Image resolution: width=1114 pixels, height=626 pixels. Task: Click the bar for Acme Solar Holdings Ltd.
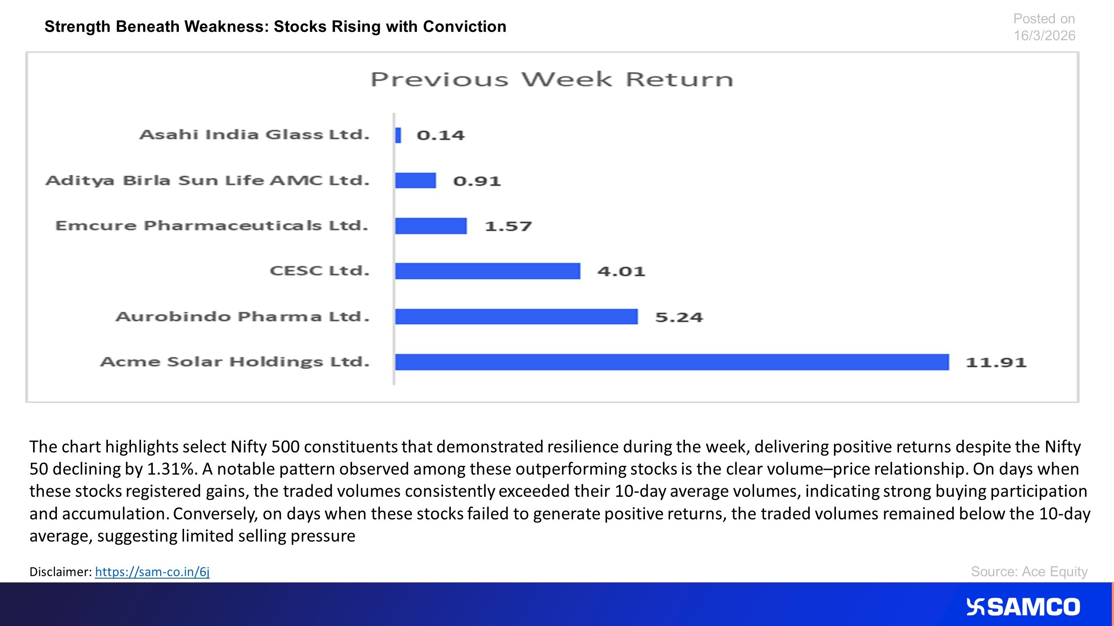tap(672, 362)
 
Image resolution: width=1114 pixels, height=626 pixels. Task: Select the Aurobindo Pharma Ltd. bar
tap(517, 316)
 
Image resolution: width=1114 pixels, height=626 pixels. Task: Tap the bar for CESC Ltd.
tap(487, 271)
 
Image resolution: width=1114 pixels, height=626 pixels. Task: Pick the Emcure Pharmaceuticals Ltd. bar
tap(431, 226)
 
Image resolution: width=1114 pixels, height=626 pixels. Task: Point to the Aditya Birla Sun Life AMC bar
tap(415, 180)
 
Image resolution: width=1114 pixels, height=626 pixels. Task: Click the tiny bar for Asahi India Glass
tap(398, 135)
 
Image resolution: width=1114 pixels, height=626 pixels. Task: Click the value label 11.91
tap(996, 362)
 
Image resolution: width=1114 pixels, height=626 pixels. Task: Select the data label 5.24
tap(679, 317)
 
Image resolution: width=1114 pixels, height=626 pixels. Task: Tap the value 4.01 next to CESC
tap(621, 271)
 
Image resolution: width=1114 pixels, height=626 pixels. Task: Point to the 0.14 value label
tap(440, 135)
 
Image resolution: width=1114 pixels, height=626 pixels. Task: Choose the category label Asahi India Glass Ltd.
tap(254, 134)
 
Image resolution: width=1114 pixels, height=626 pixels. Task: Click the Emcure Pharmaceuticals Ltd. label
tap(211, 226)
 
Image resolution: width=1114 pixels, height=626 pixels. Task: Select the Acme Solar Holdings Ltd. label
tap(235, 362)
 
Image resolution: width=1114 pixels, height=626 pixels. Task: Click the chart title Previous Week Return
tap(552, 80)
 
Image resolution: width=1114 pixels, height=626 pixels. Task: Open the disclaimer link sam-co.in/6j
tap(152, 572)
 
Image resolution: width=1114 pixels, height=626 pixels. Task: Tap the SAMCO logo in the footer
tap(1023, 607)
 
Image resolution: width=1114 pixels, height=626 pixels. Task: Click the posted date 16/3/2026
tap(1044, 36)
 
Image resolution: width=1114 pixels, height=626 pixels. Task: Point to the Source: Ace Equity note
tap(1029, 572)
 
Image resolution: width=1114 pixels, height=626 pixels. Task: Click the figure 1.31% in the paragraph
tap(170, 469)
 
